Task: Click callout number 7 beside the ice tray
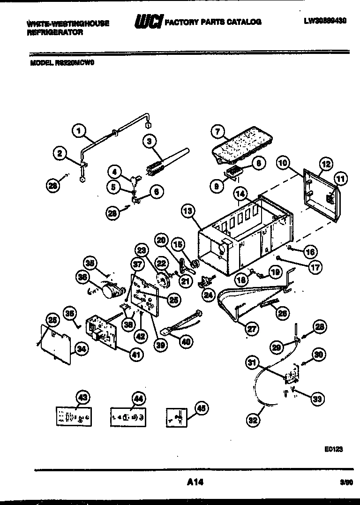(217, 132)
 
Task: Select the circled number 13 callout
(188, 211)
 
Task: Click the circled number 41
(135, 355)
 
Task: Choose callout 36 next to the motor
(83, 277)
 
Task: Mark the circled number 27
(253, 329)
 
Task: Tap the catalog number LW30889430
(325, 21)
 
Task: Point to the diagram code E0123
(333, 449)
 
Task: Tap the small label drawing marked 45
(177, 416)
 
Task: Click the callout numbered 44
(138, 399)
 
